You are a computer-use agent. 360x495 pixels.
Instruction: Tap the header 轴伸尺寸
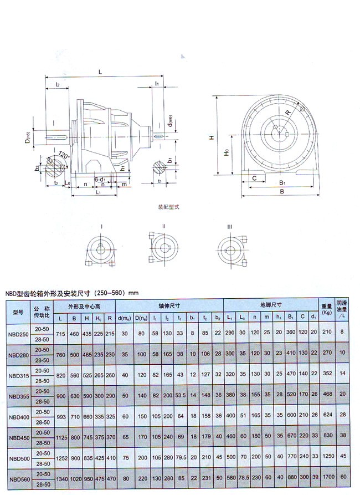[169, 305]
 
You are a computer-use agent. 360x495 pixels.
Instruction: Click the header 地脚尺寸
[270, 305]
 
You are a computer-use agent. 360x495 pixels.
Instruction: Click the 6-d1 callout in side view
[100, 180]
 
